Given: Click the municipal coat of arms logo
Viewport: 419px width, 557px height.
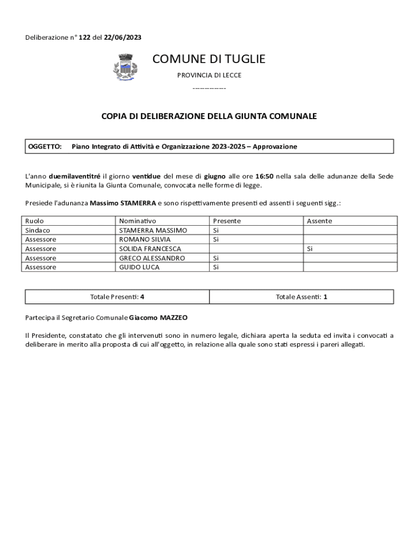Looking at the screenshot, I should click(x=125, y=68).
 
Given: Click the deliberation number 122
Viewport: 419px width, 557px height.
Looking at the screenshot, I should click(x=84, y=38).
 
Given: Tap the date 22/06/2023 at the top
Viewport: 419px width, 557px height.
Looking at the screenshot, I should click(x=123, y=38).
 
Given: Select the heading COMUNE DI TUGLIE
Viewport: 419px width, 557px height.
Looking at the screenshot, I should click(x=209, y=59).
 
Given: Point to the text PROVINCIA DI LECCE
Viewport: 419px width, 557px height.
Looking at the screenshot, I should click(x=209, y=75).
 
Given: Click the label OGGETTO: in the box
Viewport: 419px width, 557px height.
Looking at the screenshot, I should click(x=45, y=147).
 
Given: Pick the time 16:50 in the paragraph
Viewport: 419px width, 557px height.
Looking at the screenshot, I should click(x=264, y=176).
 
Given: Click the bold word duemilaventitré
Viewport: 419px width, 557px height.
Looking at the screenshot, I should click(x=75, y=176).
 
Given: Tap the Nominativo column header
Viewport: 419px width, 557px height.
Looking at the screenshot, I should click(x=138, y=221).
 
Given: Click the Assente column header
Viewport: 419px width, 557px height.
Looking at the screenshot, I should click(x=319, y=221).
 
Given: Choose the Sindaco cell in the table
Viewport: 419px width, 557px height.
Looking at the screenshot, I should click(x=38, y=230).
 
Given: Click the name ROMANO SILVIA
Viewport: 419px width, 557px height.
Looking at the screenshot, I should click(x=145, y=239).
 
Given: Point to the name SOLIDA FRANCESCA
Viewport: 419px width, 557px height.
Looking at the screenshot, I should click(x=150, y=249).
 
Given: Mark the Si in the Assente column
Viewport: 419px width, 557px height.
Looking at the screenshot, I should click(x=310, y=249).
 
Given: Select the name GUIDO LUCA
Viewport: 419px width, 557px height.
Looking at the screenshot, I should click(x=139, y=267).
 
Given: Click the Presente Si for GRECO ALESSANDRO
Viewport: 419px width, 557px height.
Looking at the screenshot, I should click(x=216, y=258).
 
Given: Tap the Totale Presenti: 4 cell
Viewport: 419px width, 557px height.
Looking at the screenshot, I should click(x=117, y=297).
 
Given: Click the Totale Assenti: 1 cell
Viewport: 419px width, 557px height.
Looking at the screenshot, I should click(x=301, y=297).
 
